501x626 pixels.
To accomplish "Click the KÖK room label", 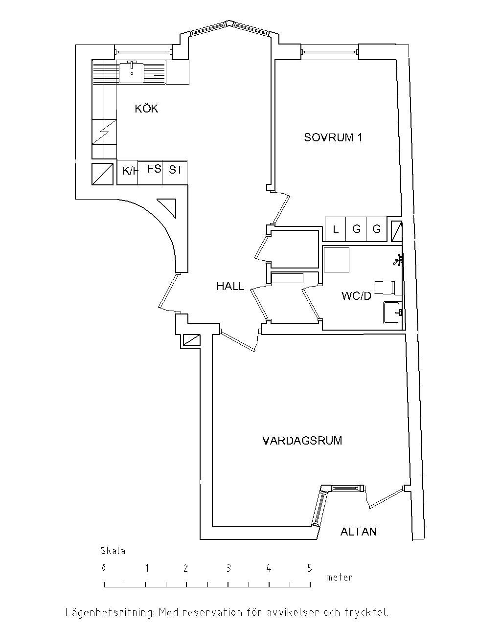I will coord(147,109).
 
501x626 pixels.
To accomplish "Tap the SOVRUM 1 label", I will coord(333,137).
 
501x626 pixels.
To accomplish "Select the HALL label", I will coord(230,287).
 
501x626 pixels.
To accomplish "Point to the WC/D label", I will coord(356,296).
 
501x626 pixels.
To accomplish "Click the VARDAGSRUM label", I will coord(302,441).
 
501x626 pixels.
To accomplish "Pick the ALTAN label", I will coord(359,532).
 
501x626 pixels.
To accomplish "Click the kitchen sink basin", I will coord(132,72).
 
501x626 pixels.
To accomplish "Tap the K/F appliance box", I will coord(129,171).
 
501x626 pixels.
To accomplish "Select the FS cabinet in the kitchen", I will coord(154,169).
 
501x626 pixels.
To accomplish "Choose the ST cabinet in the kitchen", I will coord(176,170).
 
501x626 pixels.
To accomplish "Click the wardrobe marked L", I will coord(336,229).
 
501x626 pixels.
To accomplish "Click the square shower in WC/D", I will coord(337,260).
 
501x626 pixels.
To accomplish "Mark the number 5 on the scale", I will coord(309,568).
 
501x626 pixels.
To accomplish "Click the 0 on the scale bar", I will coord(104,568).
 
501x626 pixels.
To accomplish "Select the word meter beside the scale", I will coord(339,578).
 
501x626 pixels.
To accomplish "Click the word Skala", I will coord(113,551).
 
